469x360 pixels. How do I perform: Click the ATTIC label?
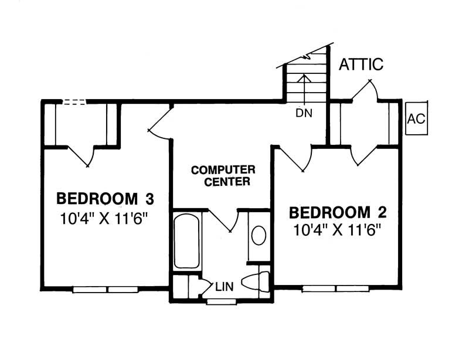[x=361, y=64]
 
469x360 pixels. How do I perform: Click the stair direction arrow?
[x=304, y=88]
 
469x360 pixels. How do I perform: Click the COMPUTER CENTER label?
[x=222, y=176]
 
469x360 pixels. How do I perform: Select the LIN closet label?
[x=225, y=287]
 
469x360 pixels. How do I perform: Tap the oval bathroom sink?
[x=258, y=236]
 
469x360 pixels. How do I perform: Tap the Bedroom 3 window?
[x=105, y=289]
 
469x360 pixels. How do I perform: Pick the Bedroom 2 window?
[x=336, y=288]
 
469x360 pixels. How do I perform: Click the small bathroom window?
[x=222, y=302]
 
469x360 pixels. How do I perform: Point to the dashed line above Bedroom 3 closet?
[x=74, y=102]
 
